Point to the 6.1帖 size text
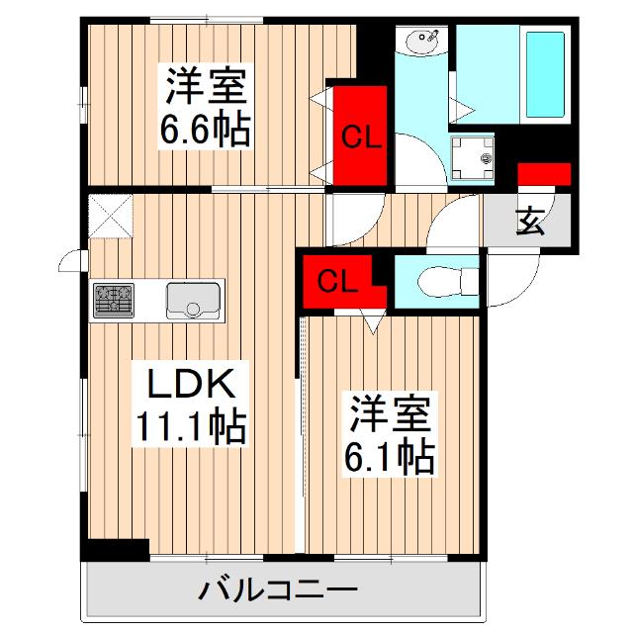[x=391, y=454]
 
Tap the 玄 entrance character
[x=530, y=222]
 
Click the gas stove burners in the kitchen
[x=114, y=300]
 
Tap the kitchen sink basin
[x=191, y=300]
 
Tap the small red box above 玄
[x=544, y=174]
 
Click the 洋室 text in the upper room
[x=206, y=87]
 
